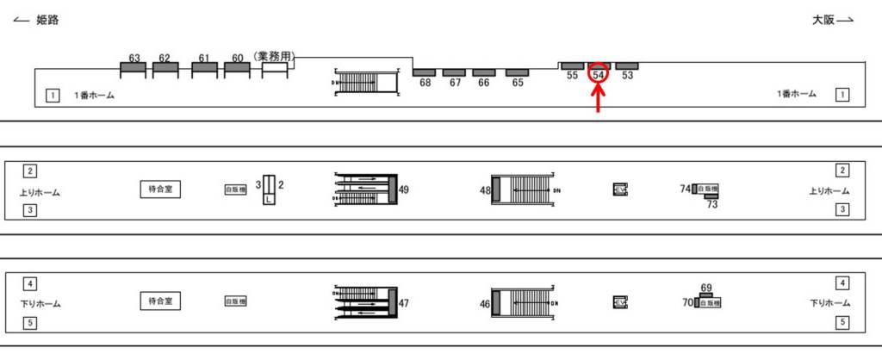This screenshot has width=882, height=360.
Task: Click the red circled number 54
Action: coord(599,76)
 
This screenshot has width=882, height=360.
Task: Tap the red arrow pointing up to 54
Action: coord(599,99)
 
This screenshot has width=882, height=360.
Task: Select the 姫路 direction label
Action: coord(47,21)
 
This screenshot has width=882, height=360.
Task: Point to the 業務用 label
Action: coord(275,57)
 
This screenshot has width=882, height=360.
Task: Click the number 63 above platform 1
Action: coord(134,59)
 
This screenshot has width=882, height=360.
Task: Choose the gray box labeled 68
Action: coord(425,72)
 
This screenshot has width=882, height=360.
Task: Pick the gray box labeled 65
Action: coord(517,72)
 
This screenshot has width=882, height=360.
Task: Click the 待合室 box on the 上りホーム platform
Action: coord(161,189)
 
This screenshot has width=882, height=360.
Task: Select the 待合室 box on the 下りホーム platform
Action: coord(161,301)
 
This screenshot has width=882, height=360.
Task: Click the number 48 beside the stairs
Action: coord(484,189)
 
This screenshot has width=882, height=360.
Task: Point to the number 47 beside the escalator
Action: coord(404,303)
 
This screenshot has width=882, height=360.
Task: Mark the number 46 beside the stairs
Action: coord(484,303)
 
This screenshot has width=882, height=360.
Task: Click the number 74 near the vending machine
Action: coord(685,189)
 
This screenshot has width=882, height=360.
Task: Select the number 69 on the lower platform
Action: coord(706,288)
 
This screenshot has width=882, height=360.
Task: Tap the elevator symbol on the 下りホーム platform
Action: coord(620,302)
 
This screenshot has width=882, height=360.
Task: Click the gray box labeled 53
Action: coord(627,65)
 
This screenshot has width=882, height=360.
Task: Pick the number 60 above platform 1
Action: coord(237,59)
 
